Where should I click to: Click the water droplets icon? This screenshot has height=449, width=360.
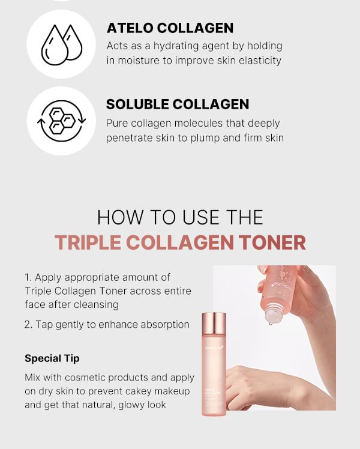[x=62, y=44]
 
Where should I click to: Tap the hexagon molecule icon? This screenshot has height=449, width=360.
[x=62, y=121]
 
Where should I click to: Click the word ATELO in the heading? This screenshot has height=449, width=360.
[x=130, y=28]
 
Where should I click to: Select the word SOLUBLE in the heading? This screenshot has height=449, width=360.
[x=137, y=104]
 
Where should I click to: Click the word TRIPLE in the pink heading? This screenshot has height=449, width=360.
[x=88, y=243]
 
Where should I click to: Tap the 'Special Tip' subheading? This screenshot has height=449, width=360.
[x=52, y=358]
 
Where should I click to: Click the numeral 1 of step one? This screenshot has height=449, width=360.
[x=28, y=277]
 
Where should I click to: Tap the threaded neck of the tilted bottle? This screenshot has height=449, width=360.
[x=274, y=313]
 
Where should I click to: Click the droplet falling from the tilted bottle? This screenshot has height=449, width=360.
[x=270, y=324]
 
